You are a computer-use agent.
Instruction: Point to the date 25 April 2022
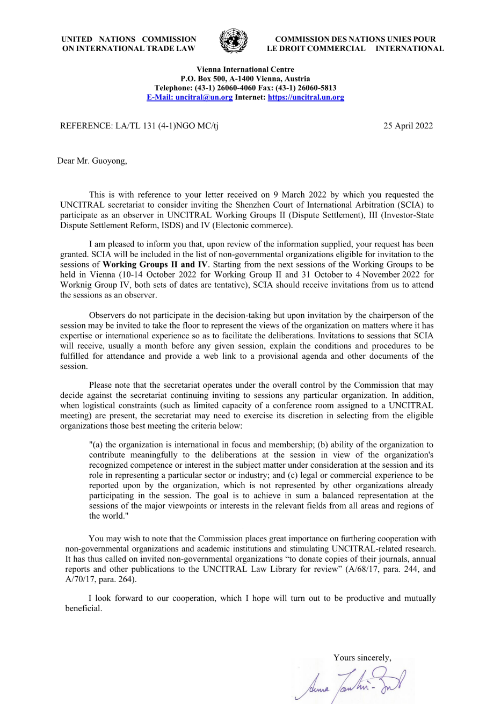[x=408, y=126]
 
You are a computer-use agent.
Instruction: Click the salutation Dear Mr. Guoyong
[x=92, y=161]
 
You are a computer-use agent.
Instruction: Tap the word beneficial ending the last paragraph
[x=83, y=608]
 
